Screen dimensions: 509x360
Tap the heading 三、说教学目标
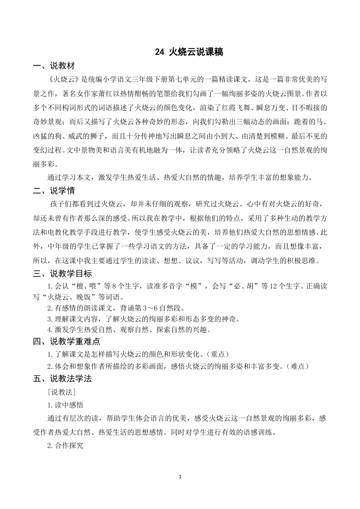62,273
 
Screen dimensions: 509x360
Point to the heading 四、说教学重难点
66,341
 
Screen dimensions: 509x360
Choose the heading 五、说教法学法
62,379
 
